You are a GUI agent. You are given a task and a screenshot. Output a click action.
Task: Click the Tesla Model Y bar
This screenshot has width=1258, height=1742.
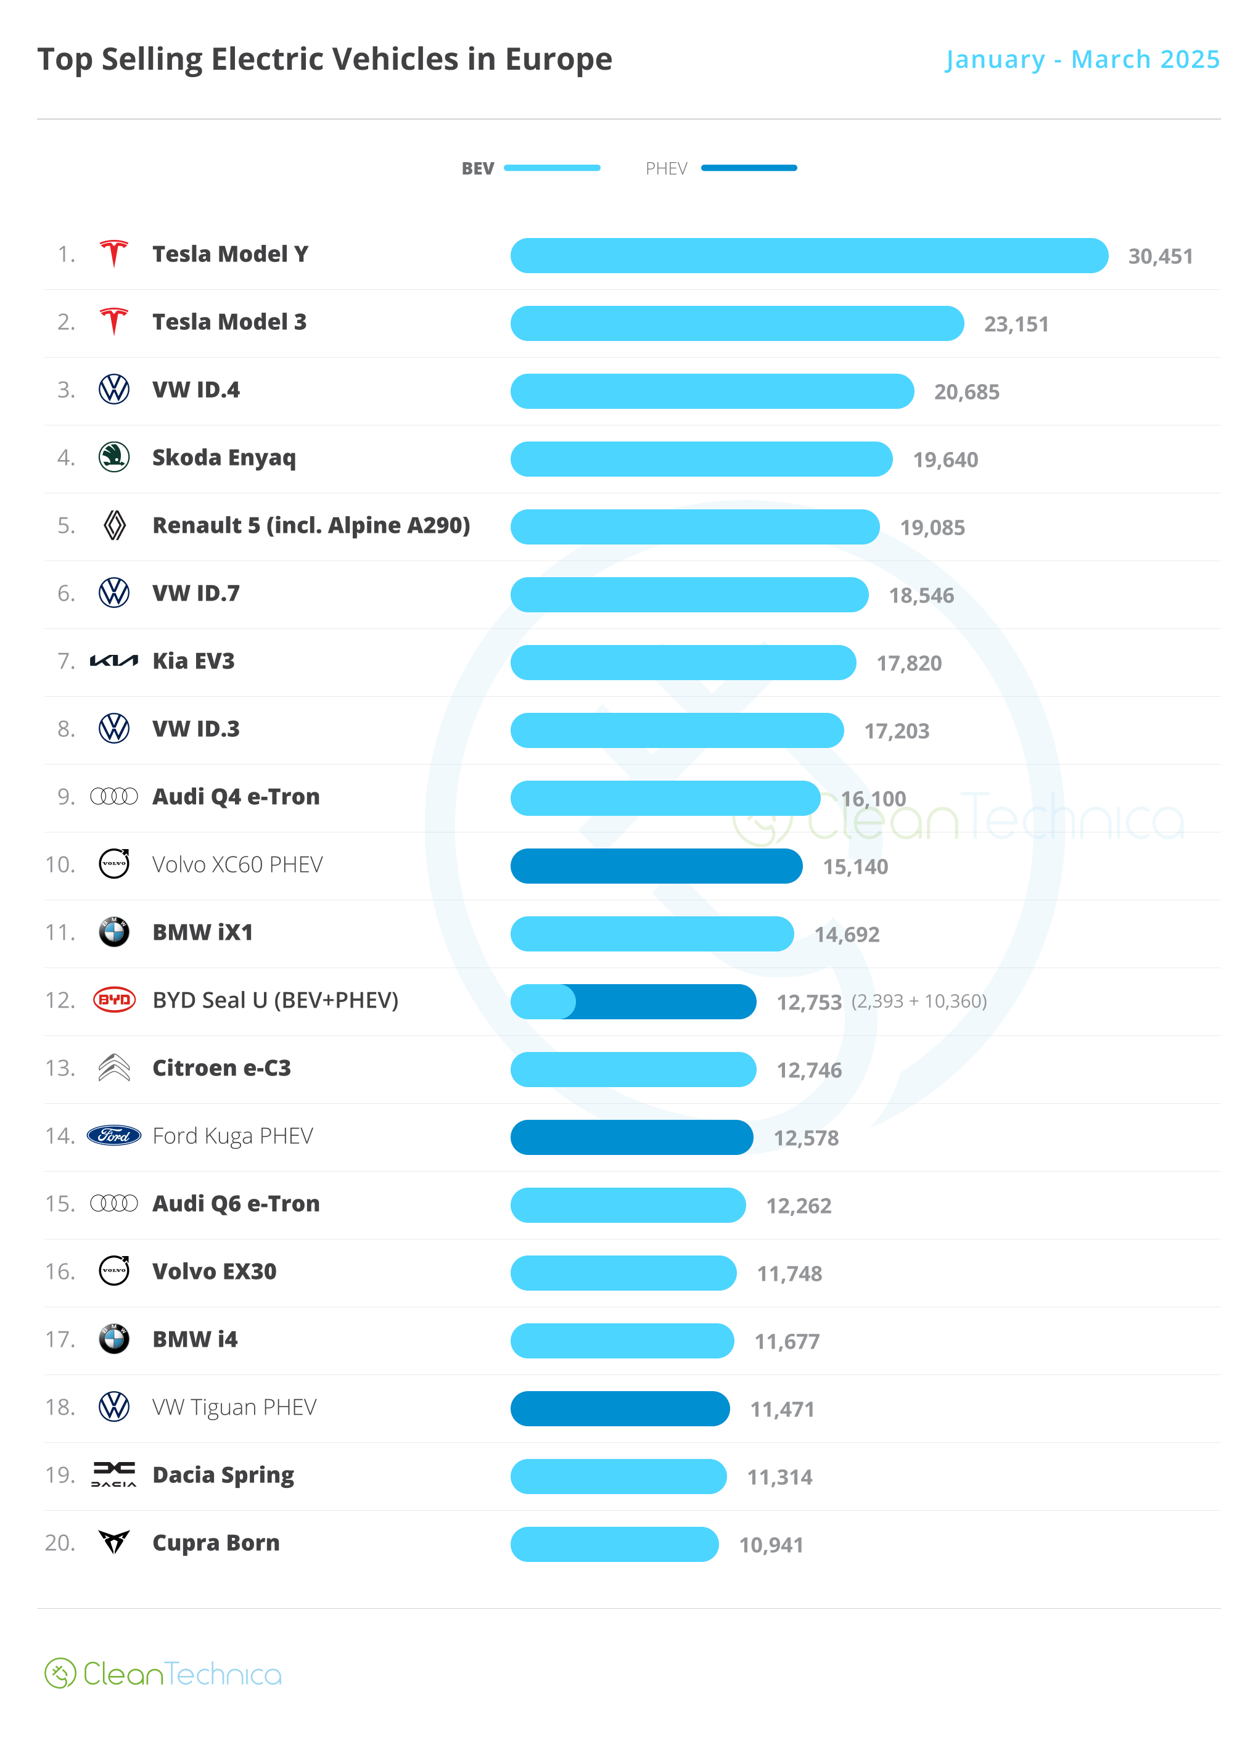[808, 256]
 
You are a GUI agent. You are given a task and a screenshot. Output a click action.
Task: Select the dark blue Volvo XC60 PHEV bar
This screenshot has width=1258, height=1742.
[656, 866]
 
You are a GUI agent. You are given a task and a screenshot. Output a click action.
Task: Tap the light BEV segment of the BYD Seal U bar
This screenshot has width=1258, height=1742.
[541, 1001]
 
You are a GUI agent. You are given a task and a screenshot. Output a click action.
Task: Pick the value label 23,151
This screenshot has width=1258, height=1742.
[1016, 324]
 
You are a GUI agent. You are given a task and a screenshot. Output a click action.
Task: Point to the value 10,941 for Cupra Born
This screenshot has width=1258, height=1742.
[771, 1545]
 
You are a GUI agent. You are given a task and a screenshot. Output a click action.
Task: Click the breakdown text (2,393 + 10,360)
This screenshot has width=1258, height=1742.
[919, 1001]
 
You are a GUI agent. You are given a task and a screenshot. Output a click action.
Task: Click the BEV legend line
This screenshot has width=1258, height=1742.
[551, 168]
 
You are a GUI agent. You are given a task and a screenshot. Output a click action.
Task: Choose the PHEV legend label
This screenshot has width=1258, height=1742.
[666, 168]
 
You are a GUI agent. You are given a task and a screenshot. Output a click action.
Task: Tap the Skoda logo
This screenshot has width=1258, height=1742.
[113, 458]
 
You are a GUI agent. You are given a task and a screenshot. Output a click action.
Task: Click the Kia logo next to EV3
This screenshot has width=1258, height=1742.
[113, 660]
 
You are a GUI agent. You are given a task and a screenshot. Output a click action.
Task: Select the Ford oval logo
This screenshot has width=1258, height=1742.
[113, 1135]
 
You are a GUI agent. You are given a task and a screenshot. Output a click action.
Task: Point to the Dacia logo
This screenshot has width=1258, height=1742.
[113, 1474]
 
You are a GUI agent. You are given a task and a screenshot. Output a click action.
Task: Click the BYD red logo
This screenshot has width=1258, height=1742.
[113, 1000]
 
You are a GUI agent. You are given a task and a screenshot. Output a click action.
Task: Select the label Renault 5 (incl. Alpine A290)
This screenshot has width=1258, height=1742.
[311, 525]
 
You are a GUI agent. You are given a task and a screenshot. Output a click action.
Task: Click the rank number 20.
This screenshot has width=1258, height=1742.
[60, 1542]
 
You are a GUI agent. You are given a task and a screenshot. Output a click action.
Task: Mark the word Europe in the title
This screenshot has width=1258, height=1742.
[558, 59]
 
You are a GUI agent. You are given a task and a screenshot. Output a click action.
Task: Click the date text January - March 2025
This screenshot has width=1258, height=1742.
[1082, 59]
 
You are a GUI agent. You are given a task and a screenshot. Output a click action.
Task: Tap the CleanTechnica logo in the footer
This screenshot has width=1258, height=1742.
[163, 1674]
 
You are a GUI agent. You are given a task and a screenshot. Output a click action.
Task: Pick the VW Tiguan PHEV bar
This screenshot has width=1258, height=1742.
[620, 1408]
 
